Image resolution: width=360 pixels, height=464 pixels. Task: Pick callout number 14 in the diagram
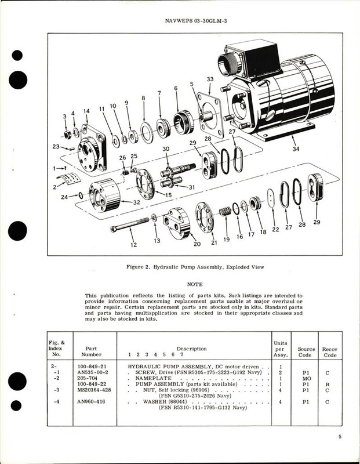(86, 111)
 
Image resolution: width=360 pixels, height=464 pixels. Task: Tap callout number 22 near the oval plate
(275, 229)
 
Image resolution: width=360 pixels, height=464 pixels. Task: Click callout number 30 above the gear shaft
(166, 150)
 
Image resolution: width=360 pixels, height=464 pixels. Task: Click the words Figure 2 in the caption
(141, 267)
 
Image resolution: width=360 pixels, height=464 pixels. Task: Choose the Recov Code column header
(331, 353)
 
